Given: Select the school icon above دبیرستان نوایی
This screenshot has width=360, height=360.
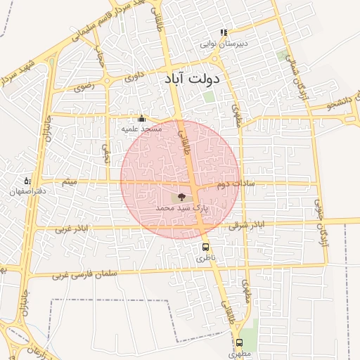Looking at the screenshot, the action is coord(224,32).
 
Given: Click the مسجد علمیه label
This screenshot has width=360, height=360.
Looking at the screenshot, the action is coord(142,129).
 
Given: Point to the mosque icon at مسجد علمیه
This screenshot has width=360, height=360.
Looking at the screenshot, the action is coord(142,118).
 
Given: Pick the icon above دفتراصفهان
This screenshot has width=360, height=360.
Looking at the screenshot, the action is coord(27,181).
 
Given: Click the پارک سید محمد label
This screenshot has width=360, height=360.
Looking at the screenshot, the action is coord(182,208).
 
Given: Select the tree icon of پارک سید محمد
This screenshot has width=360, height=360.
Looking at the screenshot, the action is coord(182,198).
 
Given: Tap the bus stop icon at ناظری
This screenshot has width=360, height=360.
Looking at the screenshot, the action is coord(206,247).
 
